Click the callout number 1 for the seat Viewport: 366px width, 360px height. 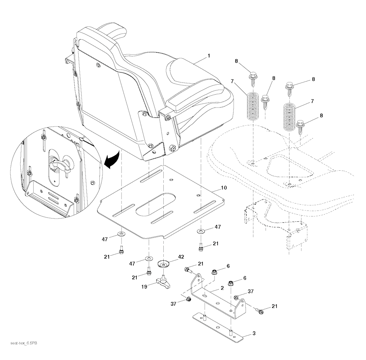pos(209,56)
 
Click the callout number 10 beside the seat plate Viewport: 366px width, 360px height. pos(224,187)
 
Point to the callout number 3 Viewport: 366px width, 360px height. pos(254,334)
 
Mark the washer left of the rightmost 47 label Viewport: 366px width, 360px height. pos(201,231)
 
